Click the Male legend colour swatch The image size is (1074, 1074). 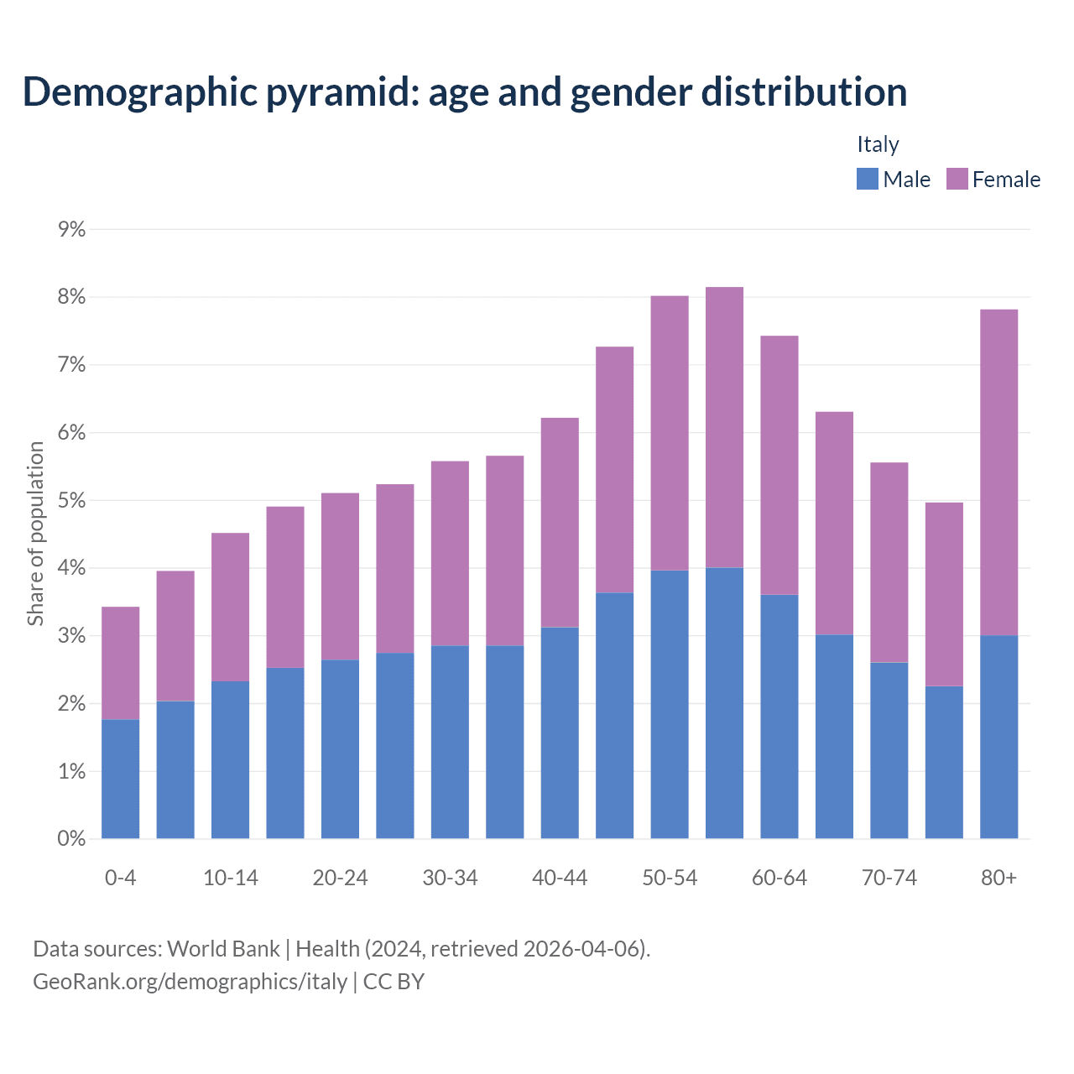point(867,179)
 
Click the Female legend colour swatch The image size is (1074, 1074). point(957,179)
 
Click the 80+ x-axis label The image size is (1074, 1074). point(998,878)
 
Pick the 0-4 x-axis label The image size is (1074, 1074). point(120,878)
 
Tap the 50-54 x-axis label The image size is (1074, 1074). point(670,878)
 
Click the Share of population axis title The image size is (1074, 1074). point(35,534)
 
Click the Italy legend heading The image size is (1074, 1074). point(878,144)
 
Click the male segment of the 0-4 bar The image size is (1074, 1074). point(120,779)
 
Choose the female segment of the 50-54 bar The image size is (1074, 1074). point(670,433)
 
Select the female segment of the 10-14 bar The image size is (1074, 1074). point(230,607)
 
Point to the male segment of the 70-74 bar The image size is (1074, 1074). point(889,750)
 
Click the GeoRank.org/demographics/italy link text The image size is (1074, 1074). point(190,982)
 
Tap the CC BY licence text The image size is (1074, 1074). point(394,982)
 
